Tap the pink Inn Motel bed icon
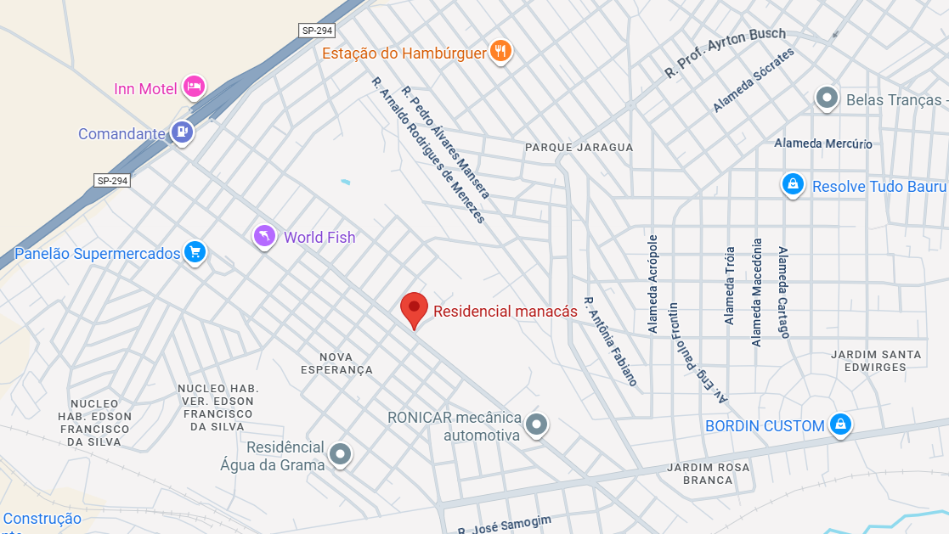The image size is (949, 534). point(195,87)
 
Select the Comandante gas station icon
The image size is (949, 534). point(181,132)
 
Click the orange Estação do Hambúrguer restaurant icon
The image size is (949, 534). point(501,52)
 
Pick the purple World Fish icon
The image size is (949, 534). point(265,236)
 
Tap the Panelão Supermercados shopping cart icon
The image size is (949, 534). point(195,252)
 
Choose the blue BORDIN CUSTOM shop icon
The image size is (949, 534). point(840,424)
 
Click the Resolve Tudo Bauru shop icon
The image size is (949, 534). point(793,184)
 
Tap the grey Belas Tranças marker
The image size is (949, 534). point(827,98)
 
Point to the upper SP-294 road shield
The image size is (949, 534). point(318,31)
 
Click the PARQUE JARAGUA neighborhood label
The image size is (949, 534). point(579,147)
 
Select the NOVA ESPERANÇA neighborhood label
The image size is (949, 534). point(337,363)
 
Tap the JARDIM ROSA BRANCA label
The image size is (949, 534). point(709,474)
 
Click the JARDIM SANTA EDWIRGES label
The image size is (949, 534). point(876,361)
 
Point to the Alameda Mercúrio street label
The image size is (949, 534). point(823,143)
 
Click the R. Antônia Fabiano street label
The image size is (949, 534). point(610,341)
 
